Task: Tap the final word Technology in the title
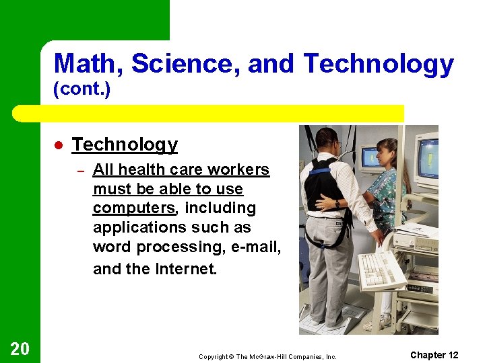point(379,65)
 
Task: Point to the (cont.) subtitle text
point(81,90)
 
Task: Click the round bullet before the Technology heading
point(59,146)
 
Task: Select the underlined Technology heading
point(125,145)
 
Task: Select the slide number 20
point(20,348)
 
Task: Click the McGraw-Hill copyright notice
point(267,356)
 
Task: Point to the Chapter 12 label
point(434,355)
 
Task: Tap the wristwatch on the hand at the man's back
point(337,203)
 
